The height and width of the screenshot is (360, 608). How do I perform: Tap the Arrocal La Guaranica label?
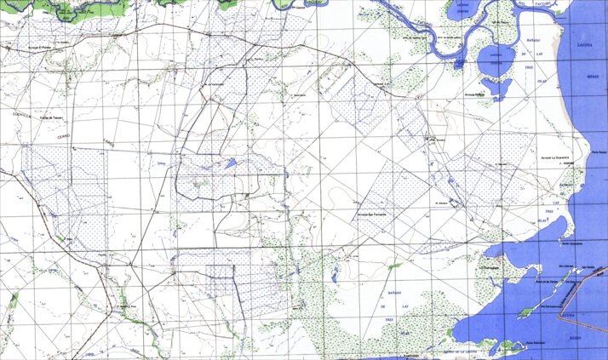pyautogui.click(x=555, y=157)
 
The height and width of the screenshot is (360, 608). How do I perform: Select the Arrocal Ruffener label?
pyautogui.click(x=474, y=95)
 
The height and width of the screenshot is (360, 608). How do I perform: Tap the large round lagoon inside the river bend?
pyautogui.click(x=493, y=60)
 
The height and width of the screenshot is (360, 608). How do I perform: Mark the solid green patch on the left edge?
pyautogui.click(x=14, y=299)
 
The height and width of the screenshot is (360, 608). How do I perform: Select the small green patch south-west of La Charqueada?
pyautogui.click(x=394, y=266)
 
